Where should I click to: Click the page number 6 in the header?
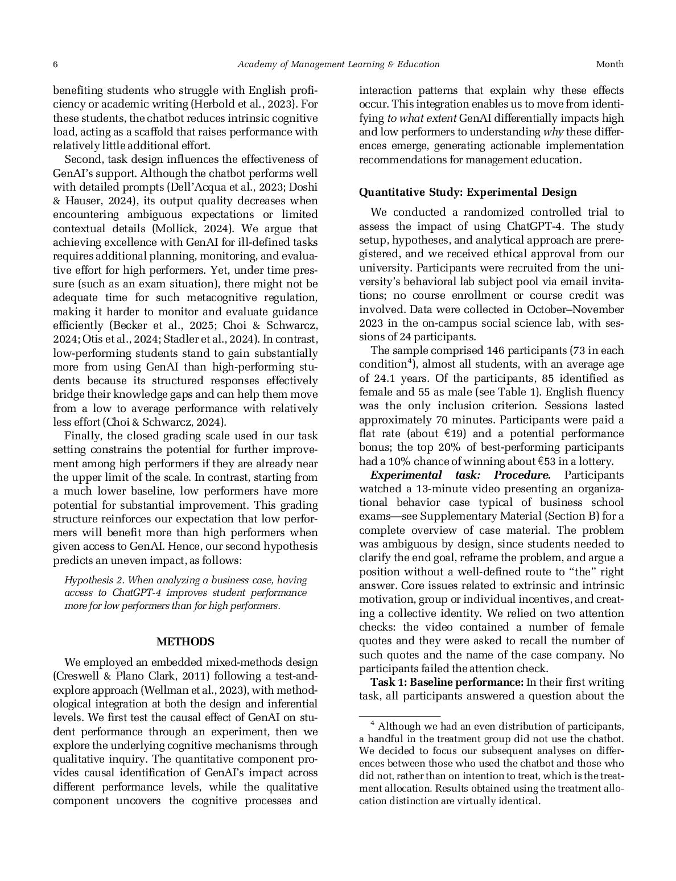pyautogui.click(x=55, y=64)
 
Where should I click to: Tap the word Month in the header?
pyautogui.click(x=609, y=64)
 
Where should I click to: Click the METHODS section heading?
pyautogui.click(x=185, y=641)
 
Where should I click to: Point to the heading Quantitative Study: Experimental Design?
pyautogui.click(x=468, y=192)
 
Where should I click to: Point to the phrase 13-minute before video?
pyautogui.click(x=439, y=489)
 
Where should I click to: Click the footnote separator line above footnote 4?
pyautogui.click(x=399, y=716)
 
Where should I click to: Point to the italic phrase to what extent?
pyautogui.click(x=422, y=118)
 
